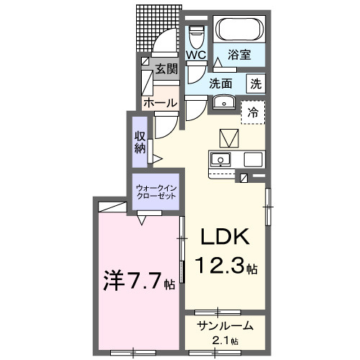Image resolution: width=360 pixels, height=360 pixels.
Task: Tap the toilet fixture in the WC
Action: pyautogui.click(x=196, y=35)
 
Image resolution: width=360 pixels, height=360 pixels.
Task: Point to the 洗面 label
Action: pyautogui.click(x=220, y=83)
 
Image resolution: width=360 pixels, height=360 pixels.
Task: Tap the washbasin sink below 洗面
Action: pyautogui.click(x=223, y=102)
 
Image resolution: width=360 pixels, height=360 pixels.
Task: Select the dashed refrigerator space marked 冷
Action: pyautogui.click(x=253, y=112)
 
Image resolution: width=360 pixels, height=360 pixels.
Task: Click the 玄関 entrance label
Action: pyautogui.click(x=166, y=69)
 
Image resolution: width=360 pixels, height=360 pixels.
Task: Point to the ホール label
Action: pyautogui.click(x=159, y=103)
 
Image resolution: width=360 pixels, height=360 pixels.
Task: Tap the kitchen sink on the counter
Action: pyautogui.click(x=220, y=158)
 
